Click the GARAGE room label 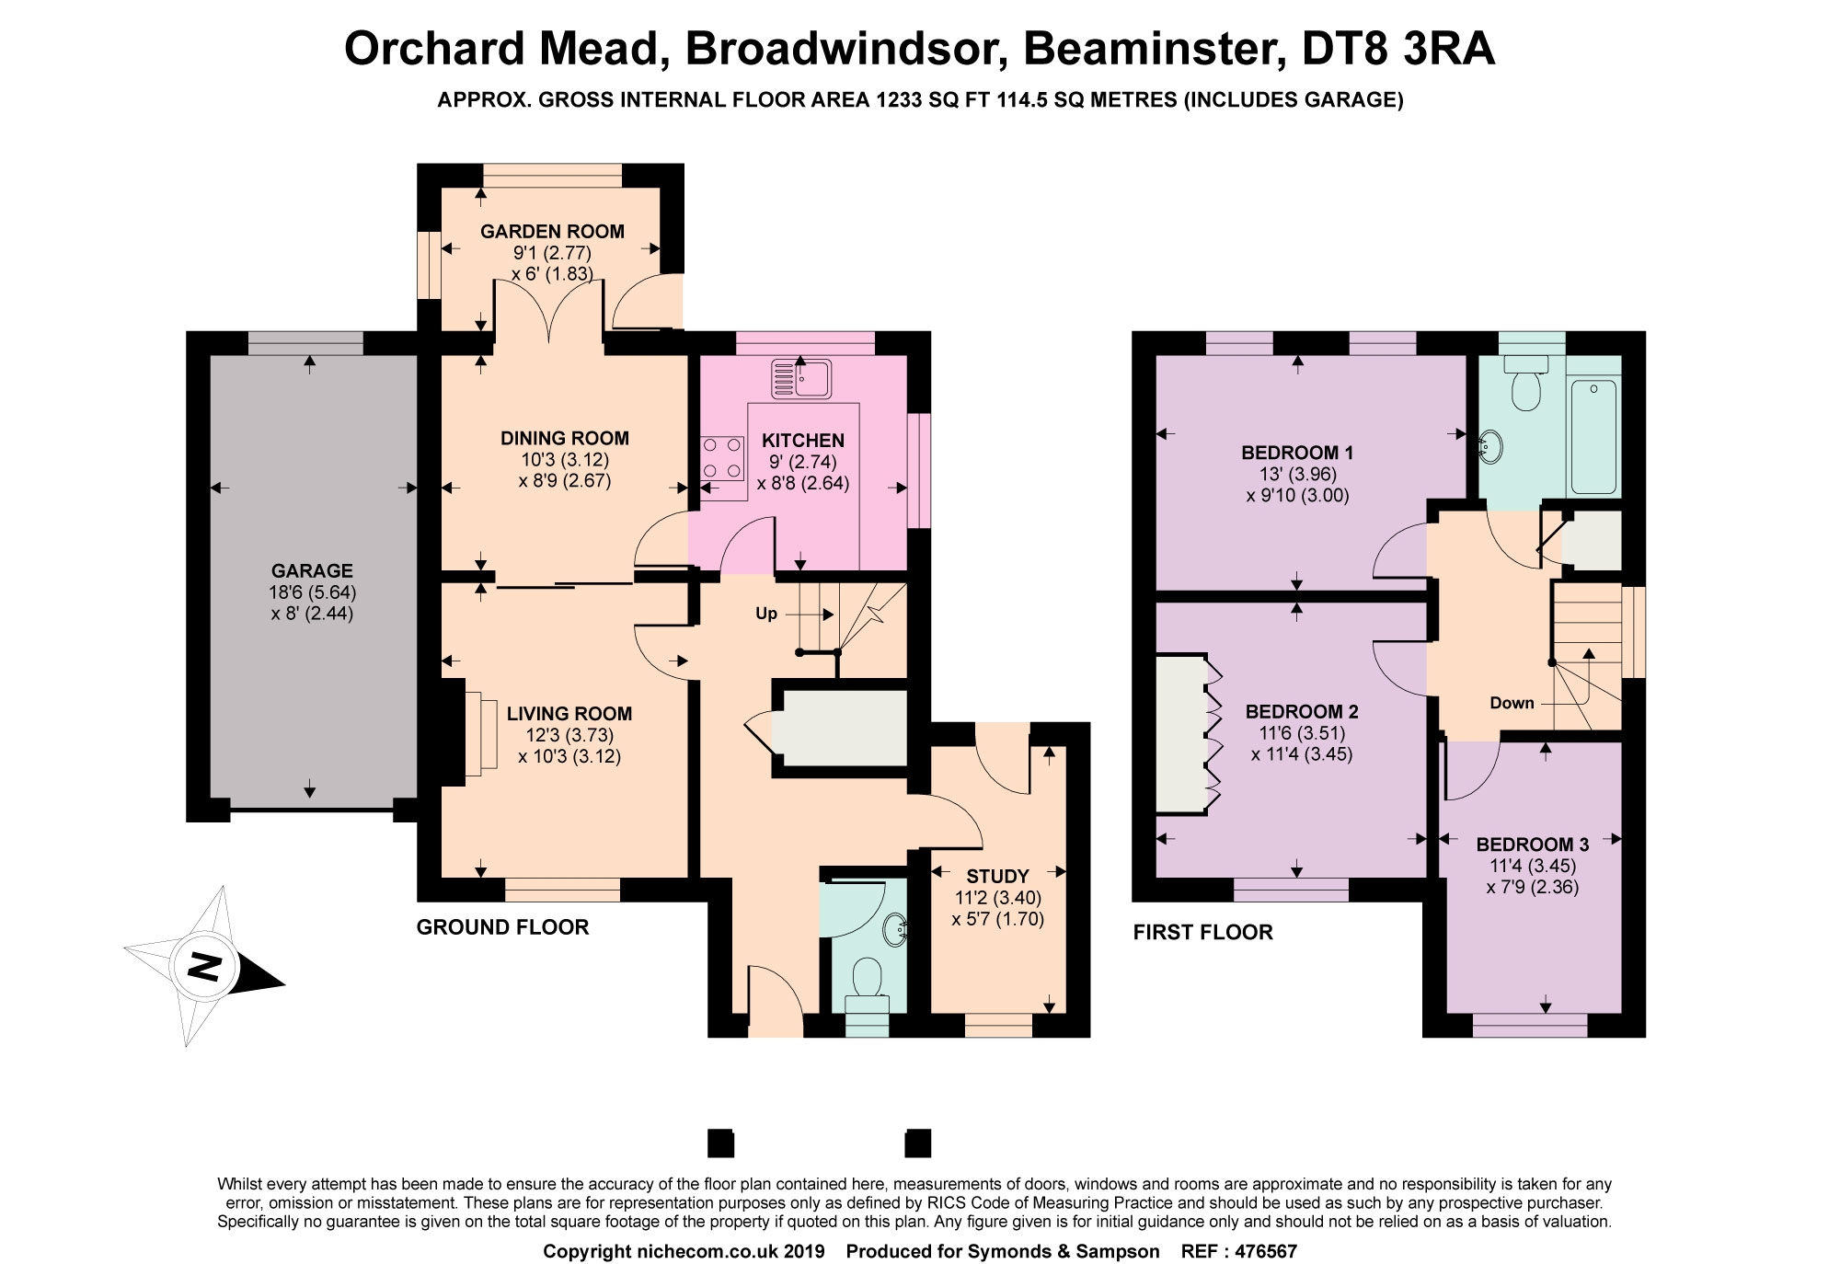point(312,571)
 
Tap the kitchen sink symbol point(801,378)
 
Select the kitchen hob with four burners point(722,458)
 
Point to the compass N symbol point(204,967)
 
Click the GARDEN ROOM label point(552,232)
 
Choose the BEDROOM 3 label point(1533,845)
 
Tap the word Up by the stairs point(766,614)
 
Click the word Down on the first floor point(1512,703)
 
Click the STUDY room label point(998,876)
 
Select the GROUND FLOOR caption point(502,927)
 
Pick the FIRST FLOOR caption point(1202,932)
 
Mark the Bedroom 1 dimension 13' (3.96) point(1297,475)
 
